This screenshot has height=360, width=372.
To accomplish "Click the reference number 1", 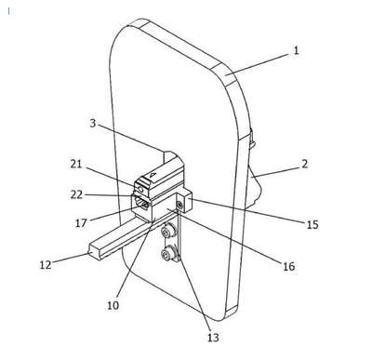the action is (296, 50).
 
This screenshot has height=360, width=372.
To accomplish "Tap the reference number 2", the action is (304, 164).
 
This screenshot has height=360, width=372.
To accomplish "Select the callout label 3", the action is (93, 123).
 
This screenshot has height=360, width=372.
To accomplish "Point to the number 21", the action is (76, 164).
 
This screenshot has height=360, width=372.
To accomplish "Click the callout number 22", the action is (76, 194).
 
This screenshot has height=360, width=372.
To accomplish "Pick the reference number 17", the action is (81, 222).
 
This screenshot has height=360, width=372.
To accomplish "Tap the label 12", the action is (46, 265).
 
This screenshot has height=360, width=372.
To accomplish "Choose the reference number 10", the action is (113, 305).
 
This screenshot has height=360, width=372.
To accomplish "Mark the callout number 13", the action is (213, 338).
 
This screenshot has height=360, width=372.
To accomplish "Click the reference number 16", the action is (288, 266).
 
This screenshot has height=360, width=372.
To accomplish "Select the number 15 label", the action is (312, 224).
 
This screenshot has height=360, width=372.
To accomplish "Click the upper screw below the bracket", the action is (168, 231).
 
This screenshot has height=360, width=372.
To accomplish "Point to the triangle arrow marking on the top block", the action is (153, 175).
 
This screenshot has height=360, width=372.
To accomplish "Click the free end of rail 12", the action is (95, 252).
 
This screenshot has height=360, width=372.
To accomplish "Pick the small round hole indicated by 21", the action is (141, 189).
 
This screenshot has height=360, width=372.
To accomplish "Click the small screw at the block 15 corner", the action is (179, 205).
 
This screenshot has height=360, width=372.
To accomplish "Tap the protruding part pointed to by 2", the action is (256, 186).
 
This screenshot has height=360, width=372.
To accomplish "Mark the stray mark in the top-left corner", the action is (9, 11).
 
